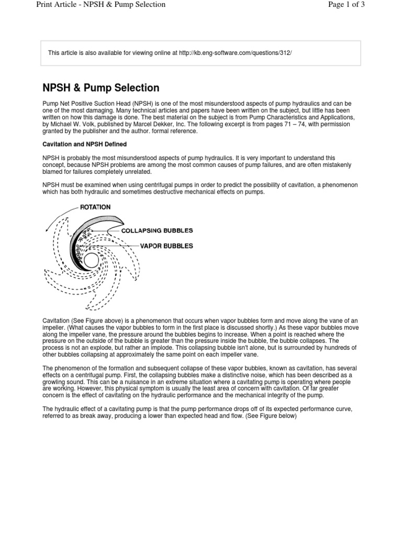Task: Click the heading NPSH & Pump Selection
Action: [100, 87]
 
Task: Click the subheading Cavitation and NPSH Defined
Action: [84, 144]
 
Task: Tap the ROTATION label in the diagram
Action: [95, 207]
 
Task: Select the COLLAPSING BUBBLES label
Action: [157, 230]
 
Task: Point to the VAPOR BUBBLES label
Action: [166, 245]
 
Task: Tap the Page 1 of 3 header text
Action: [345, 5]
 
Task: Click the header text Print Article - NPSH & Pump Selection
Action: [101, 5]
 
